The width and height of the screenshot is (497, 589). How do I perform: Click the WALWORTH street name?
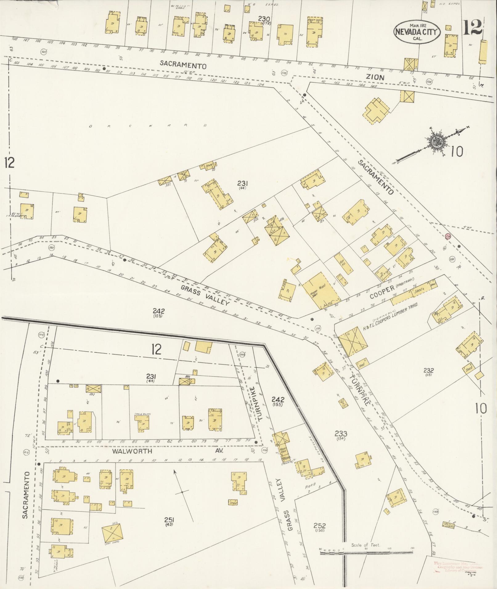132,451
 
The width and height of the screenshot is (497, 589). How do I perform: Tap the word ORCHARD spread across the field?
148,126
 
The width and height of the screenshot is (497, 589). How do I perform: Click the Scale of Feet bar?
366,553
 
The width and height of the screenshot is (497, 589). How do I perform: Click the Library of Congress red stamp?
458,567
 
